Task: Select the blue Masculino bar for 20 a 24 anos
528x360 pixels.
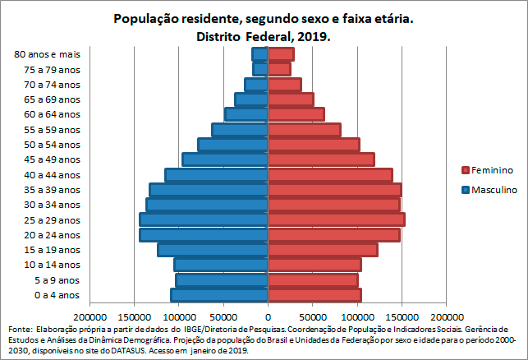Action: coord(204,234)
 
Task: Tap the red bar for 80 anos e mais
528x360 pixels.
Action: coord(281,54)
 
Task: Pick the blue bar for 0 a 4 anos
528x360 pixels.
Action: coord(219,294)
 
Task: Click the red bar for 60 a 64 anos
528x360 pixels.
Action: coord(296,114)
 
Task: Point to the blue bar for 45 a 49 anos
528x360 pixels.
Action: coord(225,159)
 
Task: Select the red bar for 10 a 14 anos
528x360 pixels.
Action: coord(315,265)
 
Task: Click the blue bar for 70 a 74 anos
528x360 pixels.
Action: coord(256,84)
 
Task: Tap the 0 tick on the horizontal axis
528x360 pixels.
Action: coord(268,316)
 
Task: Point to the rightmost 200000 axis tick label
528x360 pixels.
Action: coord(446,316)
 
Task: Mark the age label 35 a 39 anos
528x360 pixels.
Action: coord(53,189)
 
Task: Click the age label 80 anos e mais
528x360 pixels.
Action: coord(48,54)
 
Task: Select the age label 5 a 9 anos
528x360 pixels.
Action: coord(57,279)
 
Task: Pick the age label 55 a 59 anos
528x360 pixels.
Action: coord(53,129)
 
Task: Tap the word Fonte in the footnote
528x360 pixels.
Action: coord(21,328)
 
